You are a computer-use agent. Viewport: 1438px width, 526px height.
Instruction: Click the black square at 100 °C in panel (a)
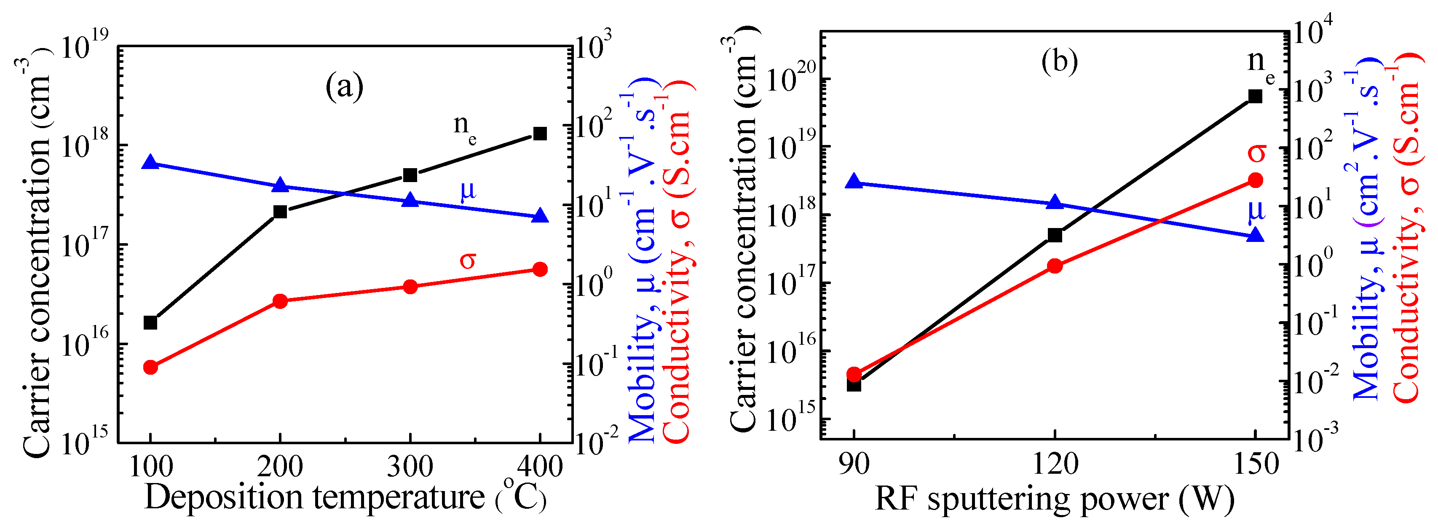(150, 323)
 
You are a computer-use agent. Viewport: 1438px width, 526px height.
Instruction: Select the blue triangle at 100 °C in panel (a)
(150, 163)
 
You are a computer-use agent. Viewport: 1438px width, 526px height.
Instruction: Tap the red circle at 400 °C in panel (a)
(540, 270)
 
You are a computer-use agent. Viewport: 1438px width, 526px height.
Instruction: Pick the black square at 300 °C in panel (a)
(410, 175)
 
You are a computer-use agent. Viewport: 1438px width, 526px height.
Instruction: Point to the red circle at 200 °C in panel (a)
(280, 301)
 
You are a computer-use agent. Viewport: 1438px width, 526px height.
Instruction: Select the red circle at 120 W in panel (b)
(1055, 266)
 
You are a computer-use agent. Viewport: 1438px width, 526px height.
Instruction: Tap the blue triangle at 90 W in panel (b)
(854, 182)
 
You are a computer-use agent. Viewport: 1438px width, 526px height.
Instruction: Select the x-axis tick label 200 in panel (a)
(280, 467)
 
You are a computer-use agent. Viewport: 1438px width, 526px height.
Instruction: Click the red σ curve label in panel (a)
(468, 260)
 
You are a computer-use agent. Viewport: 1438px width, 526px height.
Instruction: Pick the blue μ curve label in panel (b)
(1256, 210)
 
